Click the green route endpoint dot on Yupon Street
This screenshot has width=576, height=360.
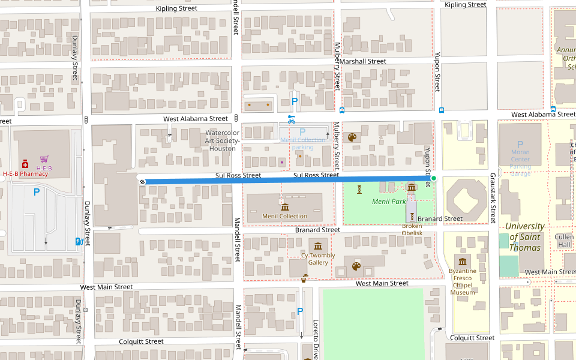point(433,178)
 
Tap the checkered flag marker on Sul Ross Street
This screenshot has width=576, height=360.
point(142,181)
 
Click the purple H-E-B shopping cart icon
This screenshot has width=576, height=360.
point(44,159)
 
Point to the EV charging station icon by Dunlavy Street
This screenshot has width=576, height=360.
point(77,241)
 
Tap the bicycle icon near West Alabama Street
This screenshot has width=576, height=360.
point(292,119)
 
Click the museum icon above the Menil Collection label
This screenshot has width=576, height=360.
point(284,206)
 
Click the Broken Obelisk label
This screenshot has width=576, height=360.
point(412,230)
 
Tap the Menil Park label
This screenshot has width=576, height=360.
point(389,202)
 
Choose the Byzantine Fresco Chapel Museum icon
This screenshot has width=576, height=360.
point(463,261)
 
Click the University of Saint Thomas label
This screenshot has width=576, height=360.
point(525,237)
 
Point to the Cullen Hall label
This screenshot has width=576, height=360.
point(564,241)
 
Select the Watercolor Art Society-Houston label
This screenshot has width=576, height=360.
point(223,140)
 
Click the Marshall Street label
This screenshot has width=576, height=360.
point(368,61)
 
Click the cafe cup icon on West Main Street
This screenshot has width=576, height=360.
point(304,278)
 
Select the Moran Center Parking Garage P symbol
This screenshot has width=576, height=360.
point(520,145)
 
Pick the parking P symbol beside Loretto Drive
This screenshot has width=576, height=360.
point(300,312)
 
